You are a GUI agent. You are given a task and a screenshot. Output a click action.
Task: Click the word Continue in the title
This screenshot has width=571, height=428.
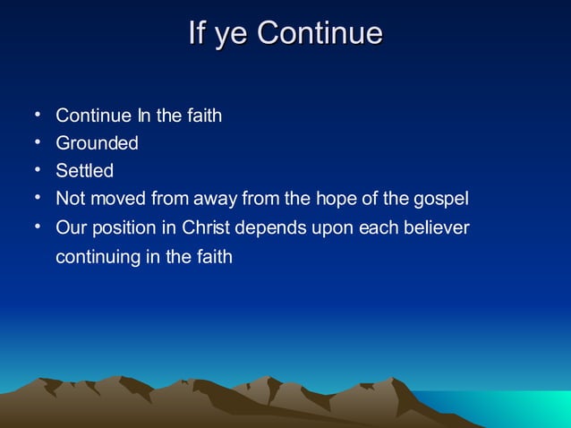pos(320,33)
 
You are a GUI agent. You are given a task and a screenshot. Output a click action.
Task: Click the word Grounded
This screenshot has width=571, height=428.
pos(97,143)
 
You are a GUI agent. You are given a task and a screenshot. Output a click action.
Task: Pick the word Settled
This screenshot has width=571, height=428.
pos(84,170)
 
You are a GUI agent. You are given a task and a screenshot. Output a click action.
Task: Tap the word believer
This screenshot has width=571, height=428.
pos(437,227)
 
